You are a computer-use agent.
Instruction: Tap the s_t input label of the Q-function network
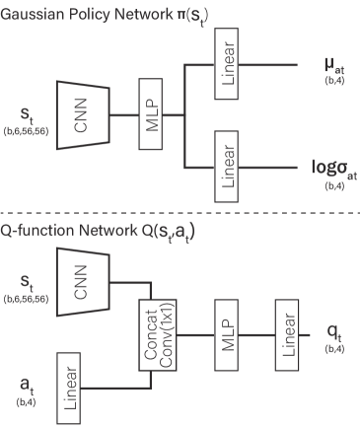22,282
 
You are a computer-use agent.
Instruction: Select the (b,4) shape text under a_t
23,402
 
